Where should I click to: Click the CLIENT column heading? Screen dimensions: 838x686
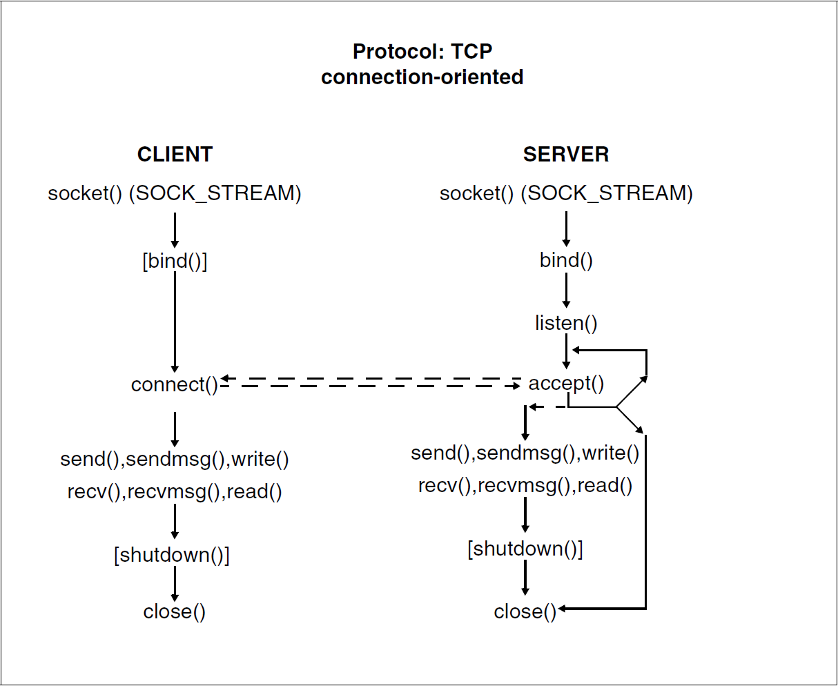coord(175,154)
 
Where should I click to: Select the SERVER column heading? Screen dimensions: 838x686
coord(566,154)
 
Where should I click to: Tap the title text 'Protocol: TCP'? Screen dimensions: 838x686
coord(422,52)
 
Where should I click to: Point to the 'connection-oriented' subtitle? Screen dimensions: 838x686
coord(422,77)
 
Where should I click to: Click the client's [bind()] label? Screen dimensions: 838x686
coord(175,261)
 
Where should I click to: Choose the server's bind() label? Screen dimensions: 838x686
coord(566,261)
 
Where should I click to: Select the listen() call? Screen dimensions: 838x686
coord(566,323)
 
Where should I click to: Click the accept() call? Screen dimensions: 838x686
coord(566,384)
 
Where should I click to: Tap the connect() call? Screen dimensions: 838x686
coord(175,385)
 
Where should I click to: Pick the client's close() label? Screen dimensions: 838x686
coord(175,611)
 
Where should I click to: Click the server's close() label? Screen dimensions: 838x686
coord(525,611)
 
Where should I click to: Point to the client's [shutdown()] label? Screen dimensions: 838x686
coord(172,555)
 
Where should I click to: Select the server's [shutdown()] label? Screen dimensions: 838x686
coord(525,549)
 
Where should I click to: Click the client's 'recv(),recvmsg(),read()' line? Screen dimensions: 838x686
coord(175,492)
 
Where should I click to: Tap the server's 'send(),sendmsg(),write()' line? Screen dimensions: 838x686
coord(525,453)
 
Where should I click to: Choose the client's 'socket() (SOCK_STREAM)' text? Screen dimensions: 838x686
coord(175,193)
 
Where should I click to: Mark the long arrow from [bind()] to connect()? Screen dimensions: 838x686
coord(175,322)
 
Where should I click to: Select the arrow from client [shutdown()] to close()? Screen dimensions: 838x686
coord(175,584)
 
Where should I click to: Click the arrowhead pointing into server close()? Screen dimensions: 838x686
coord(562,609)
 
